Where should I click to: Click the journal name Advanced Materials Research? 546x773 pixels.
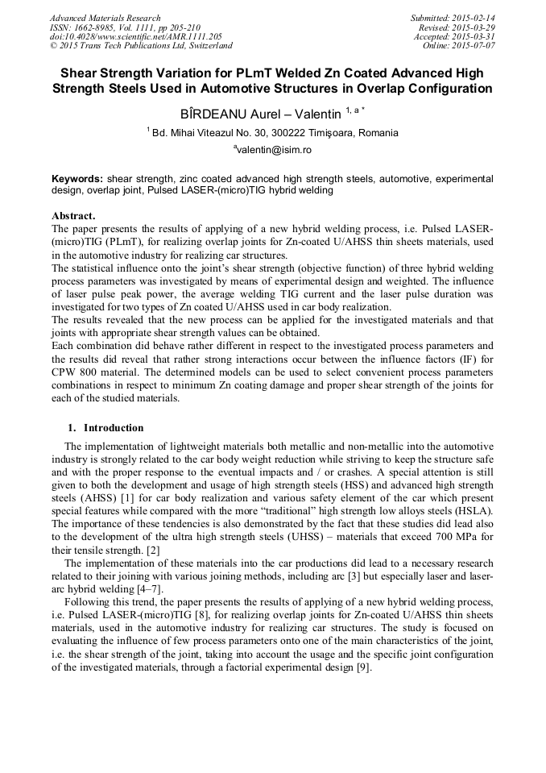[x=105, y=18]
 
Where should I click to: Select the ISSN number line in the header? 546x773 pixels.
[x=125, y=27]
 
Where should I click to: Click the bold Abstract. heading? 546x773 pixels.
[x=73, y=216]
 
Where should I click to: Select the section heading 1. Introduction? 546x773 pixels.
[x=105, y=428]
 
